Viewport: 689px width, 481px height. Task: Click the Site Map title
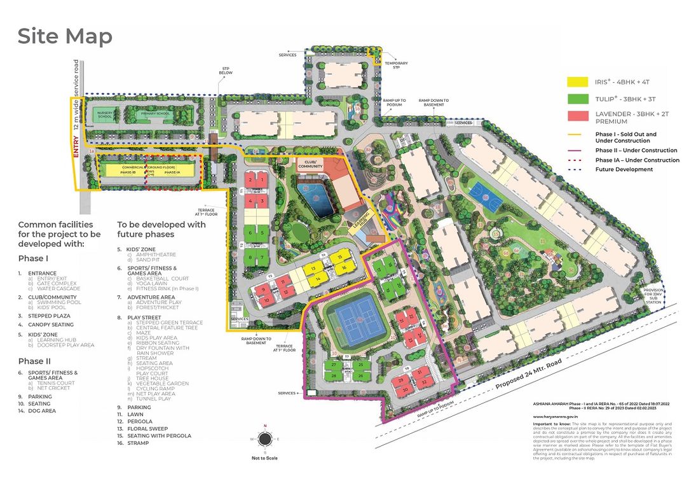(x=65, y=36)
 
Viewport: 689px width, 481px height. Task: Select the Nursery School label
(x=104, y=115)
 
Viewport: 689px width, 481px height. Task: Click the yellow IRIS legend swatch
(x=576, y=81)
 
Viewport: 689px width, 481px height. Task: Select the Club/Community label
(x=311, y=165)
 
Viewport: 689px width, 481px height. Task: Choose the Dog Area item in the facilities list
(x=42, y=411)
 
